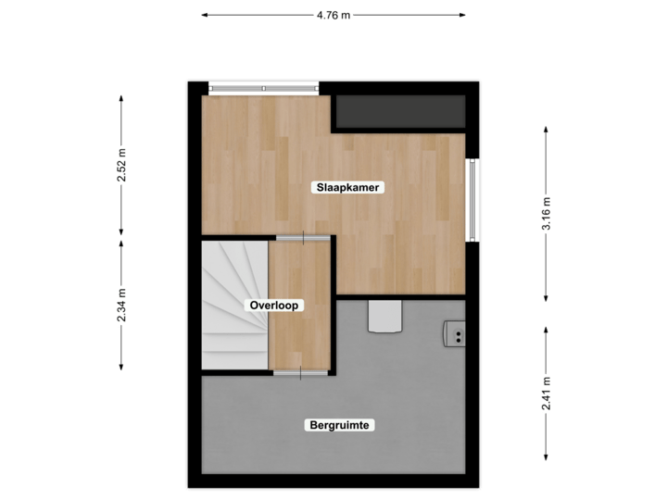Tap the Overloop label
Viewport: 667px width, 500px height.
[x=274, y=305]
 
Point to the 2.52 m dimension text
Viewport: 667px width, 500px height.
[x=120, y=166]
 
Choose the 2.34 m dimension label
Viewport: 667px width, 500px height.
[x=120, y=305]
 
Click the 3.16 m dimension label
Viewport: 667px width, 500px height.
[x=546, y=215]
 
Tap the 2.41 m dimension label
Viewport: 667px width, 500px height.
[x=546, y=393]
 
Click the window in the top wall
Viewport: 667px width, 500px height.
[x=264, y=88]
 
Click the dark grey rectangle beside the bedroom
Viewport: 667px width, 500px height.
[x=399, y=112]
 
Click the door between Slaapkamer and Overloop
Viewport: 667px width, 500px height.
[x=302, y=238]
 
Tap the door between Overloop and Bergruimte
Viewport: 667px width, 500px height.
[x=299, y=372]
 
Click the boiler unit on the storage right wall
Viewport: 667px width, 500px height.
[x=454, y=332]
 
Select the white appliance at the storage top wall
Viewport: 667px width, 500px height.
[x=384, y=316]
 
